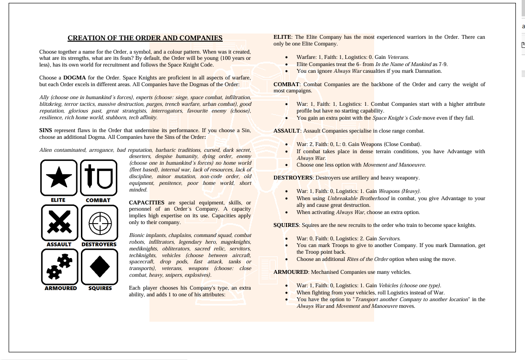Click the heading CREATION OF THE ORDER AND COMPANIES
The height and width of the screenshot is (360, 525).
coord(145,38)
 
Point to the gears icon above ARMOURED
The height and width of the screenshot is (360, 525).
coord(59,267)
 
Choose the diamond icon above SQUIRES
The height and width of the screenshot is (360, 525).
coord(99,267)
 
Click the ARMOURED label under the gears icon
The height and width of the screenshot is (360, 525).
coord(60,288)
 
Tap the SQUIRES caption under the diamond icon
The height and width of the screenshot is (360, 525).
coord(100,288)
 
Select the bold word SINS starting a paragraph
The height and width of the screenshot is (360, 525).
coord(46,130)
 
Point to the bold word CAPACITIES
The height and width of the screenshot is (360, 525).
coord(147,203)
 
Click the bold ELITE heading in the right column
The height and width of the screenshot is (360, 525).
coord(283,37)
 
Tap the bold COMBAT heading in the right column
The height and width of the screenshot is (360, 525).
coord(286,84)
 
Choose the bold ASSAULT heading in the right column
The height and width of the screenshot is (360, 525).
coord(286,131)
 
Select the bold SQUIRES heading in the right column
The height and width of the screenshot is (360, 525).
coord(286,225)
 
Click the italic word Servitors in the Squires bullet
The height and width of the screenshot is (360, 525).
coord(389,238)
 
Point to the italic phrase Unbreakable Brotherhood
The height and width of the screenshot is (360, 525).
coord(358,198)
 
